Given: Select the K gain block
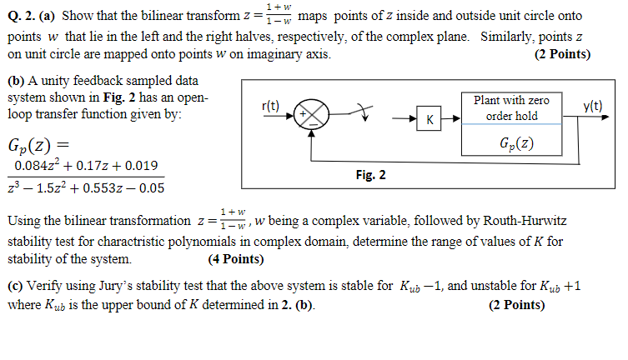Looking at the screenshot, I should pyautogui.click(x=429, y=120).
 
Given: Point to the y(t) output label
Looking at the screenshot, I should pyautogui.click(x=593, y=106).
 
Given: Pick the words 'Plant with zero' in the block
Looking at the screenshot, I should pyautogui.click(x=511, y=100).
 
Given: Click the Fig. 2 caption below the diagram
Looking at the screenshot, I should pyautogui.click(x=369, y=176).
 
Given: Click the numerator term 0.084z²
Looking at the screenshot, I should pyautogui.click(x=38, y=166).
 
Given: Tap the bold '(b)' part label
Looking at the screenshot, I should pyautogui.click(x=15, y=82).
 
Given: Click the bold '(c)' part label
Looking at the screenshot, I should pyautogui.click(x=15, y=287).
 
